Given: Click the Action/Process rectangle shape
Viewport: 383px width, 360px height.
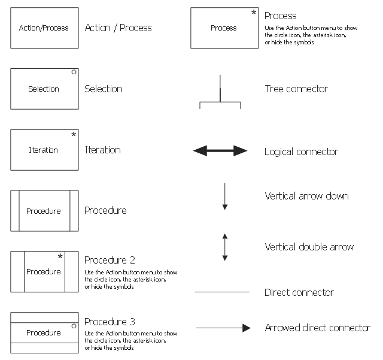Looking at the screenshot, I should click(x=44, y=28).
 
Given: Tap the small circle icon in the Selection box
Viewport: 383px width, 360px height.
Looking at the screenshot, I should click(x=74, y=72).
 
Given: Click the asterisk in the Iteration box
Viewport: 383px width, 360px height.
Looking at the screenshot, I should click(x=74, y=135).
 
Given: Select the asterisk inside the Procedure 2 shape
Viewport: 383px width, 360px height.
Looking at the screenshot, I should click(x=60, y=257).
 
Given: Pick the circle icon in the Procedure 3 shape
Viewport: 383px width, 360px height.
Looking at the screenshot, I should click(x=74, y=326).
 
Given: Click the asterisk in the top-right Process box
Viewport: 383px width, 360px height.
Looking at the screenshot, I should click(x=254, y=13).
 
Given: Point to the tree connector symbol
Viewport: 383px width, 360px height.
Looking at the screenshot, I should click(x=220, y=96).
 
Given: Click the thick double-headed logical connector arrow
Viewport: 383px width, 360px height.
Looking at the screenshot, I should click(x=220, y=151).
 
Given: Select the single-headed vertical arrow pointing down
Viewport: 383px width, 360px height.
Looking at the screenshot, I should click(x=225, y=196).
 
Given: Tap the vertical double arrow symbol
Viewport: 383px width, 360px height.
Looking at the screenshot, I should click(x=225, y=247).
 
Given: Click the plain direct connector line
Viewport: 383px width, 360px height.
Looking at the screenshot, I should click(x=222, y=292).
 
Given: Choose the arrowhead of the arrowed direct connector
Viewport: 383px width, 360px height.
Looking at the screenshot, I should click(x=246, y=328).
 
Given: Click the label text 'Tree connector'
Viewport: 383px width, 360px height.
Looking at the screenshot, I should click(x=296, y=89).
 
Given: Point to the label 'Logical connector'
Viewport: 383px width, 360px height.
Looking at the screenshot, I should click(x=301, y=152).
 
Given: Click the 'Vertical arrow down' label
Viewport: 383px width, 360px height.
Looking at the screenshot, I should click(x=306, y=196).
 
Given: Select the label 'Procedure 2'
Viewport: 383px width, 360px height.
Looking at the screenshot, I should click(x=110, y=260).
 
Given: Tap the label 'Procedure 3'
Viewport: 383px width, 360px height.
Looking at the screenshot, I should click(x=110, y=322).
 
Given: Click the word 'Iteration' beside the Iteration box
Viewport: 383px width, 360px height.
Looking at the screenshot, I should click(x=103, y=150).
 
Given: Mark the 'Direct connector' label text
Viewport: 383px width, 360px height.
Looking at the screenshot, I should click(x=299, y=292).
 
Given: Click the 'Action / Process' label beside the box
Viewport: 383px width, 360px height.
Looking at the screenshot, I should click(x=118, y=28).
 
